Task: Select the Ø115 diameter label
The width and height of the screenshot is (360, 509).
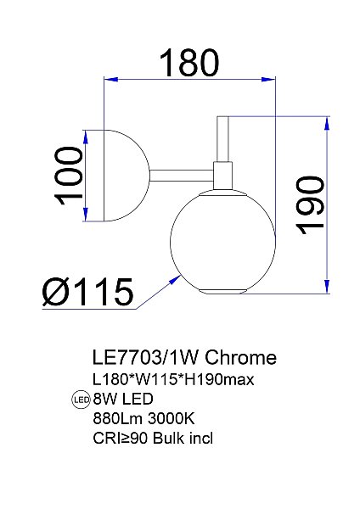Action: pyautogui.click(x=87, y=293)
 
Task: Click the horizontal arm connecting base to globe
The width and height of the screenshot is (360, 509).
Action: pyautogui.click(x=182, y=175)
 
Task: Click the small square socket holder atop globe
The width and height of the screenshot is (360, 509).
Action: pyautogui.click(x=224, y=175)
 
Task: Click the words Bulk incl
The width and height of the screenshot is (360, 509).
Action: pyautogui.click(x=188, y=439)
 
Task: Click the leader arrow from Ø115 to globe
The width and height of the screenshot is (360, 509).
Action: pyautogui.click(x=157, y=292)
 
